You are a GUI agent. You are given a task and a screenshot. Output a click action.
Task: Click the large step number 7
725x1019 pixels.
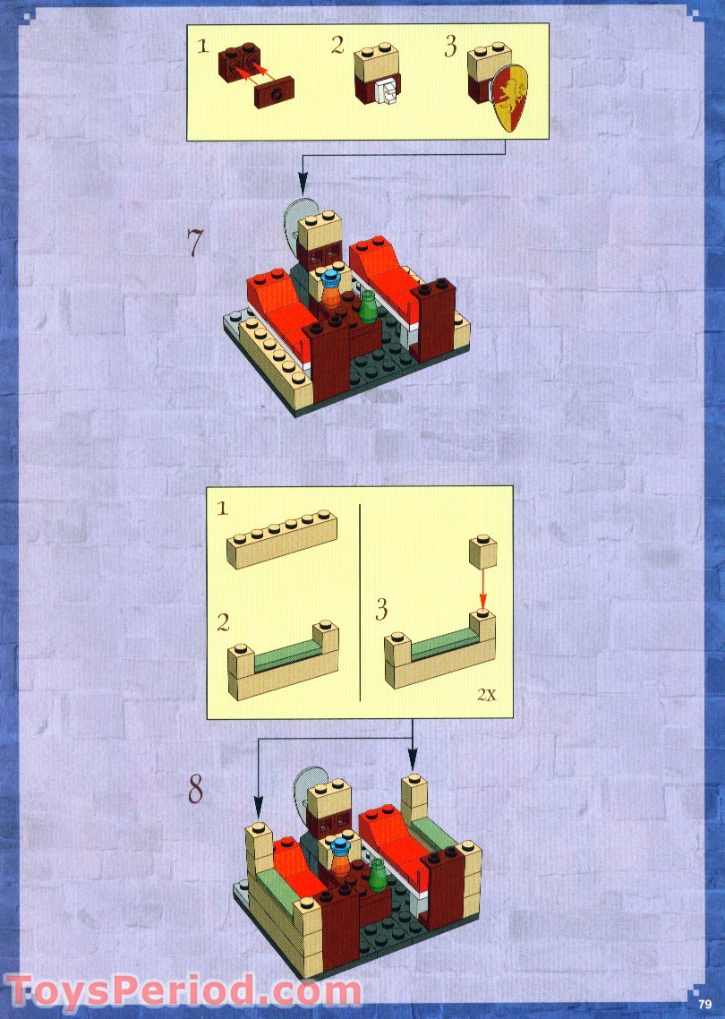point(195,244)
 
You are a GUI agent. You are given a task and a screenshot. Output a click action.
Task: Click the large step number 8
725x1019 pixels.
point(195,790)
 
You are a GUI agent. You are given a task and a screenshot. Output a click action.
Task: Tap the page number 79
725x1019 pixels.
point(705,1004)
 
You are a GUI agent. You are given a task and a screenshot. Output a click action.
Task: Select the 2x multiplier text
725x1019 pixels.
point(487,695)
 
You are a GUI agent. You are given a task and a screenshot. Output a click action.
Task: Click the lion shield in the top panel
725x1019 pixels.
point(511,98)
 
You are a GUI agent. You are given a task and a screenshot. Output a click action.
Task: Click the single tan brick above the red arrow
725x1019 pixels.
point(483,551)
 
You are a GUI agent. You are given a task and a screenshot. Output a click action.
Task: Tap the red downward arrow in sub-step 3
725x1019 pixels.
point(482,588)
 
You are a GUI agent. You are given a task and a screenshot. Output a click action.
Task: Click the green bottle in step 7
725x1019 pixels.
point(368,305)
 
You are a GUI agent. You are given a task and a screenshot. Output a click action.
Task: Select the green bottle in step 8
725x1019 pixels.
point(378,874)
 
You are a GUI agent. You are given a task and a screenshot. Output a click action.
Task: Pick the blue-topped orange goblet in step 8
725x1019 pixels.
point(342,859)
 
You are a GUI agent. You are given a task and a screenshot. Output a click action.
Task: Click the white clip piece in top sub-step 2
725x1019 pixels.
point(388,92)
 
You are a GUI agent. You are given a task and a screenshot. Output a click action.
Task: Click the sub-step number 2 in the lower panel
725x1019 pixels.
point(223,622)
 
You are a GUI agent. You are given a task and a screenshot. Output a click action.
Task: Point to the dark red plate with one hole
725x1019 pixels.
point(274,92)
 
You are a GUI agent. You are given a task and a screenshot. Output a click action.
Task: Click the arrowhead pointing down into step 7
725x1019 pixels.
point(303,184)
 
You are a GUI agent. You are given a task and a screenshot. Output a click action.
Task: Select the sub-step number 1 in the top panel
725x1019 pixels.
point(203,47)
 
